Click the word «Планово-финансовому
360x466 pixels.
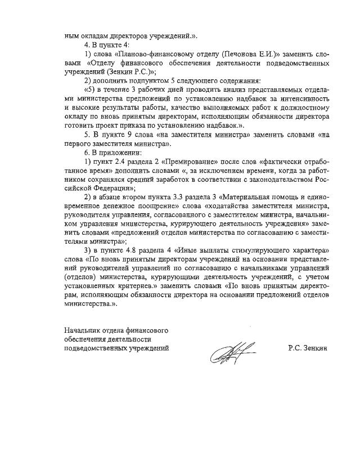click(144, 53)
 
